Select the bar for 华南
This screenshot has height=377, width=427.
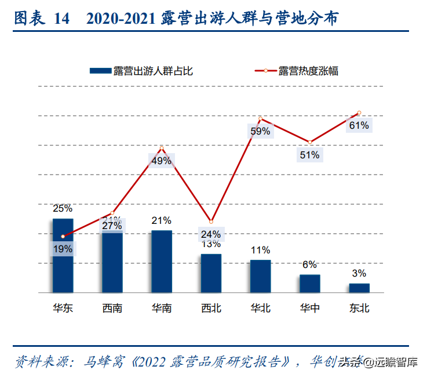tap(162, 261)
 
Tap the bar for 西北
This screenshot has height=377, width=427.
tap(211, 273)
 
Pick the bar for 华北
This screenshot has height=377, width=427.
tap(260, 275)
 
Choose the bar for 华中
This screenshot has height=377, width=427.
tap(310, 283)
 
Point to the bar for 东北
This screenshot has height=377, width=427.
tap(359, 287)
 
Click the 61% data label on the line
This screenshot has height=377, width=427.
tap(359, 125)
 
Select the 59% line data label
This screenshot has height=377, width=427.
tap(260, 131)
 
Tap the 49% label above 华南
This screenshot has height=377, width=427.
tap(162, 161)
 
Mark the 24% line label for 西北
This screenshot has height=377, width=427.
tap(211, 234)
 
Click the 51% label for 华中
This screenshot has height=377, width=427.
tap(309, 155)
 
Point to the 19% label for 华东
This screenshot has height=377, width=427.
tap(63, 249)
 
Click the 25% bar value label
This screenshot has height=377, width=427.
tap(63, 208)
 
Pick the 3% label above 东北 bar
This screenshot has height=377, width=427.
tap(359, 273)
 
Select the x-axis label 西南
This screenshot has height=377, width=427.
tap(112, 308)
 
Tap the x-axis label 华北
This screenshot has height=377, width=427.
tap(260, 308)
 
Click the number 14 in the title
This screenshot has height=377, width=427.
tap(61, 18)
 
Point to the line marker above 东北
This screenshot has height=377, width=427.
tap(359, 113)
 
